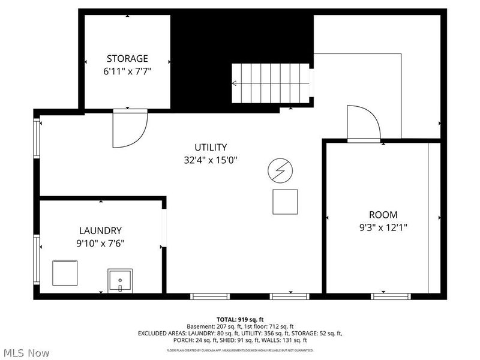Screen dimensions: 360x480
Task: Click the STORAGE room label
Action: coord(127,58)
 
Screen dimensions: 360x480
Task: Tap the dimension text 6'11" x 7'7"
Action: coord(127,71)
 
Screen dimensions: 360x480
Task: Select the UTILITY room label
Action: coord(210,147)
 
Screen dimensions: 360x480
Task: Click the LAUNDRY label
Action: coord(101,230)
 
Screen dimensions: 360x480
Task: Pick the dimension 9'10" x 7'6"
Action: coord(101,243)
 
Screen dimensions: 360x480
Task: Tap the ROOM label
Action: coord(383,215)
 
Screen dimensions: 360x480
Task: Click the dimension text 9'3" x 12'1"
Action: coord(383,227)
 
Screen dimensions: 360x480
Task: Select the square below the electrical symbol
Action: coord(285,202)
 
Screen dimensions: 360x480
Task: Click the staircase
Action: coord(271,85)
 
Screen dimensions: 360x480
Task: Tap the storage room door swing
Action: coord(129,128)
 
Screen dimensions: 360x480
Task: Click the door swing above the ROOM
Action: coord(363,123)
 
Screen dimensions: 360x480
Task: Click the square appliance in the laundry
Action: coord(65,273)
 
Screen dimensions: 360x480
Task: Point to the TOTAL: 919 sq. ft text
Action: coord(240,319)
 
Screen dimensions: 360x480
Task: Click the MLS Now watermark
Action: coord(27,353)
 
